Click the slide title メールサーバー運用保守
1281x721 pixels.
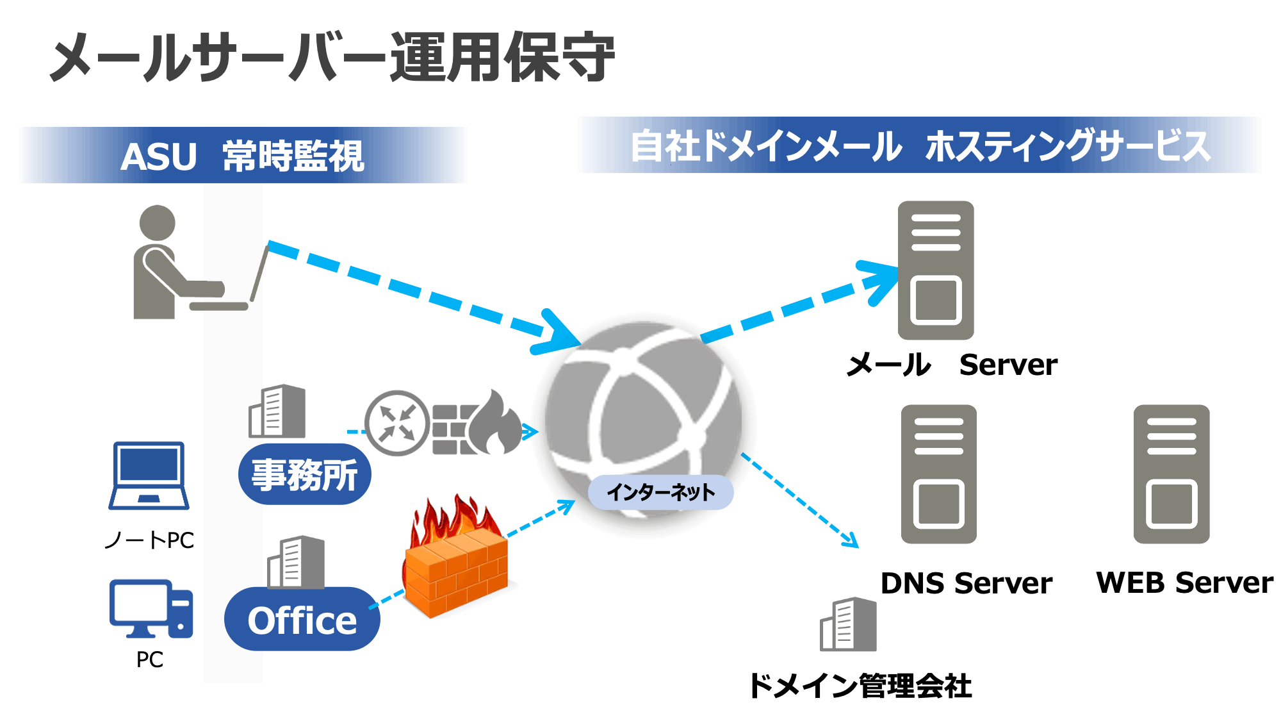(x=332, y=58)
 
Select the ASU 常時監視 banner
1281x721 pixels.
(x=243, y=156)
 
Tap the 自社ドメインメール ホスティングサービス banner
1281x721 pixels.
(x=920, y=145)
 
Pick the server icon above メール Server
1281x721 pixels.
(x=936, y=270)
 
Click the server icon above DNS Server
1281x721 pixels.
(x=938, y=474)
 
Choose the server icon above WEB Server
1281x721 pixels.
(x=1171, y=474)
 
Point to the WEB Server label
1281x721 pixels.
(x=1184, y=583)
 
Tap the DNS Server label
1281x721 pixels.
(x=966, y=583)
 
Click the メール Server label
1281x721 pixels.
(x=952, y=365)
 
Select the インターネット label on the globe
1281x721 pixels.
(x=660, y=492)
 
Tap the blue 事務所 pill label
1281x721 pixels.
(x=304, y=474)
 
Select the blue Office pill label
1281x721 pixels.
(x=302, y=620)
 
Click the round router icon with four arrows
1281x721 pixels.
(x=397, y=423)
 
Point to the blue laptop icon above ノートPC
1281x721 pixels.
(x=149, y=475)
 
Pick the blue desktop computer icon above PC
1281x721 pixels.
(x=151, y=609)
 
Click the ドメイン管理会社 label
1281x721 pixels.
(x=860, y=686)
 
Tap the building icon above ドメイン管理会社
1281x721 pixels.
(x=848, y=624)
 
